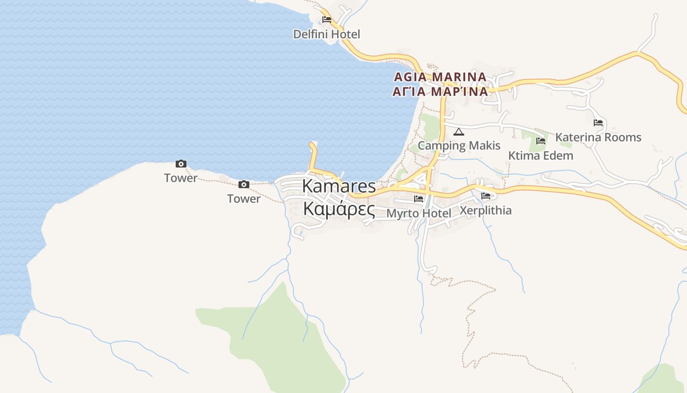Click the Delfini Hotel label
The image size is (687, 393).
[x=326, y=34]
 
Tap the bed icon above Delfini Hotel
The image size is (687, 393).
[x=326, y=20]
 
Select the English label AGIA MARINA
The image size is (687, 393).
[x=440, y=77]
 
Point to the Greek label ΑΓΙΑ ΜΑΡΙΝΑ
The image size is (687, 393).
[x=440, y=91]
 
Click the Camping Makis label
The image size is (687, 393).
[x=459, y=145]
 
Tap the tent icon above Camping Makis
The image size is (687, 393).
[x=458, y=132]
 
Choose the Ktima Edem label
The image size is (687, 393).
[x=541, y=156]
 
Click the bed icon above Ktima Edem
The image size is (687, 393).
[x=541, y=141]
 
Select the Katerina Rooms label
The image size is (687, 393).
[x=598, y=137]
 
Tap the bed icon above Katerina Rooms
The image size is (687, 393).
[x=598, y=123]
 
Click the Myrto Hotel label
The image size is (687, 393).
[x=419, y=213]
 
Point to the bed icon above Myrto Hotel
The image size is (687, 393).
[x=419, y=199]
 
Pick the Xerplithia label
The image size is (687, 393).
[x=486, y=210]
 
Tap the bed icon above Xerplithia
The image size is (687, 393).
[x=486, y=196]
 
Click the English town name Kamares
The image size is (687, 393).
[x=339, y=186]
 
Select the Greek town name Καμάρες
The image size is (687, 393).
[x=339, y=209]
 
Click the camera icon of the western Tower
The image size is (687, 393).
[x=181, y=164]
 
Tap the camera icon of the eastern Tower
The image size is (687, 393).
[x=243, y=185]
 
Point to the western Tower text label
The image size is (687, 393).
[x=181, y=178]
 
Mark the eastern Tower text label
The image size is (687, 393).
[x=243, y=198]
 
